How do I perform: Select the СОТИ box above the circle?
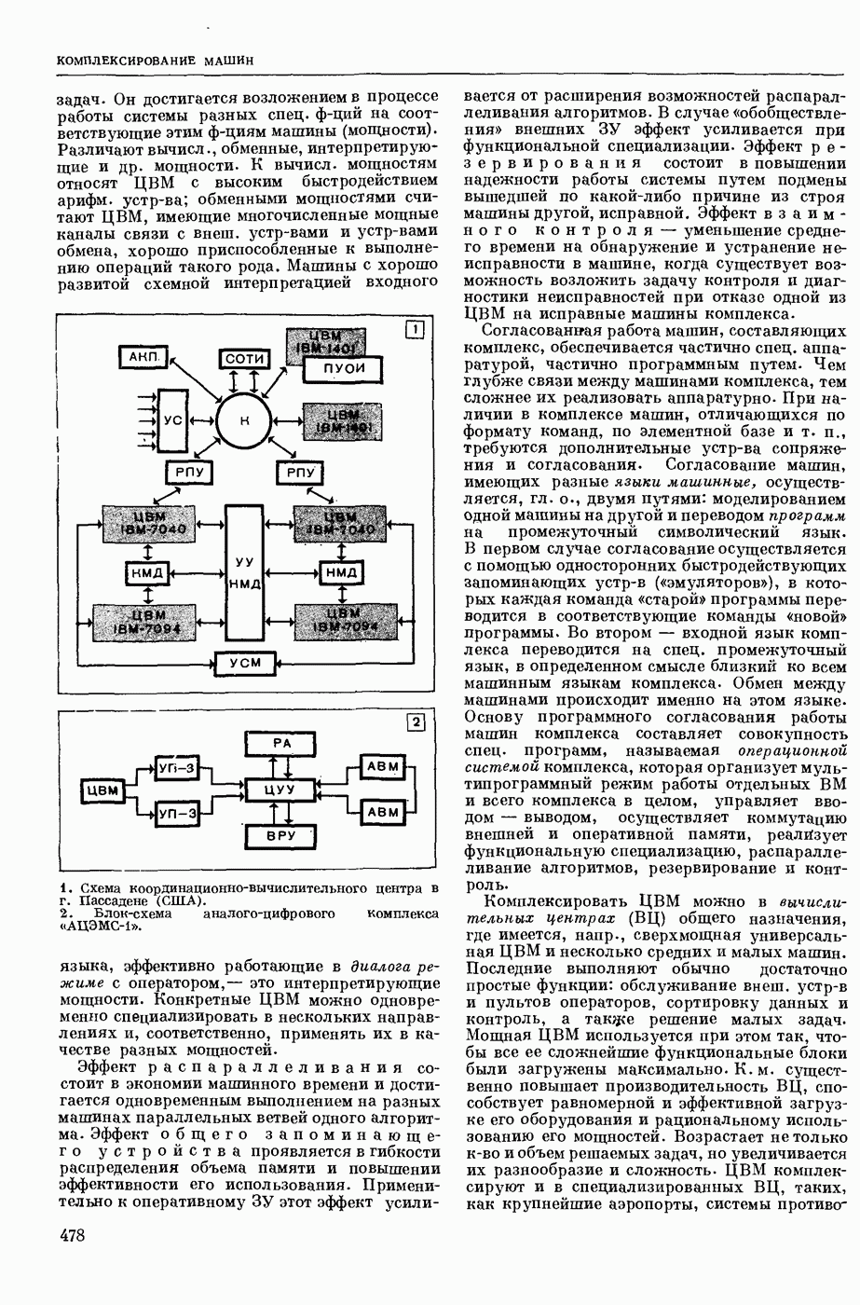click(x=245, y=360)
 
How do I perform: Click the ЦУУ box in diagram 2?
click(x=280, y=790)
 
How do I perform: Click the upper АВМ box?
click(x=383, y=766)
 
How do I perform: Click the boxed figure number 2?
click(x=416, y=722)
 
